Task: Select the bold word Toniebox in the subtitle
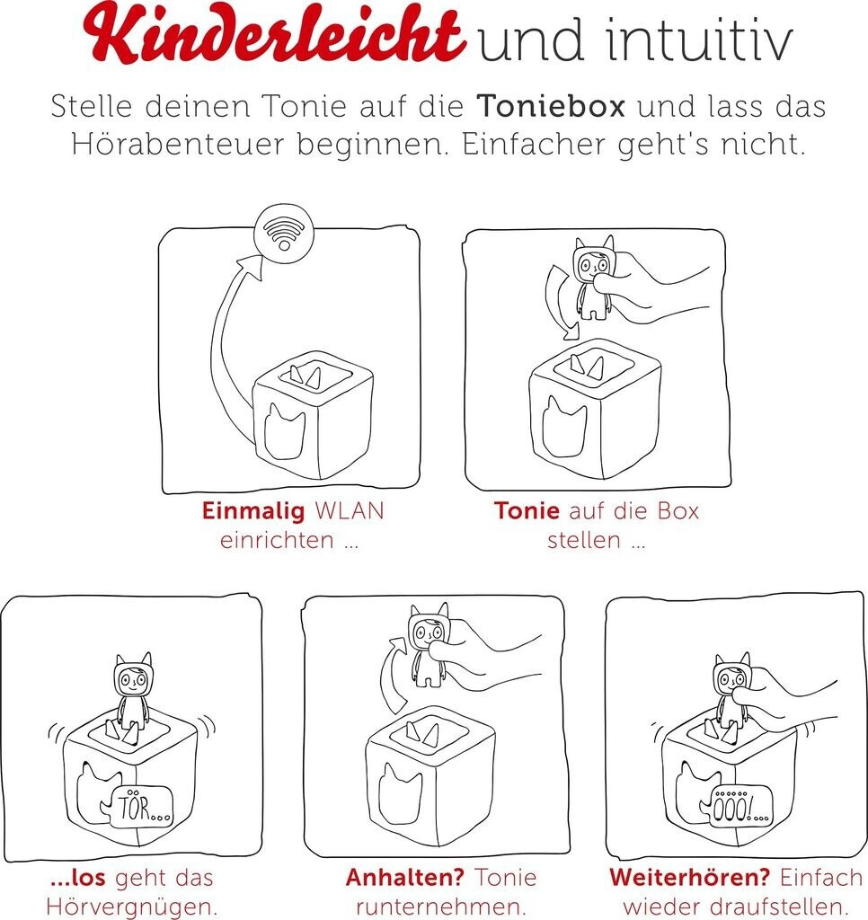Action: (x=551, y=106)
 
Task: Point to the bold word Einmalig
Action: (x=253, y=511)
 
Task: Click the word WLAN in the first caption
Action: (x=350, y=510)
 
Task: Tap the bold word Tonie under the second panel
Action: (x=527, y=510)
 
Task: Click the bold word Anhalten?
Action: (x=405, y=877)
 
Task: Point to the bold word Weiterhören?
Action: (x=689, y=877)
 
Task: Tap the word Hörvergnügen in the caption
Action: (x=131, y=907)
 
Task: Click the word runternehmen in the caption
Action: (x=440, y=907)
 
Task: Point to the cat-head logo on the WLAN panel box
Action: (x=284, y=431)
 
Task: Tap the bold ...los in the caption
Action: (x=78, y=878)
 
